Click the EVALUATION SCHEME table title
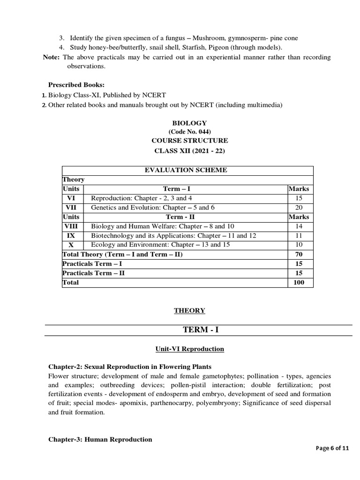(x=186, y=170)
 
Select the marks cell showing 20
(x=299, y=207)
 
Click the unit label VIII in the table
(x=71, y=226)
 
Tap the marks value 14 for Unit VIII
(x=299, y=226)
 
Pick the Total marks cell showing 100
(x=299, y=282)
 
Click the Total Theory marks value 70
(x=299, y=254)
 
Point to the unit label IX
(x=71, y=235)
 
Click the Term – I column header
(x=176, y=189)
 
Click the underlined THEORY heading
(x=189, y=310)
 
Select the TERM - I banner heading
(x=201, y=330)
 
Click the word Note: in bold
(x=52, y=57)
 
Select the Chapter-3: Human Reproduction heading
(x=100, y=439)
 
